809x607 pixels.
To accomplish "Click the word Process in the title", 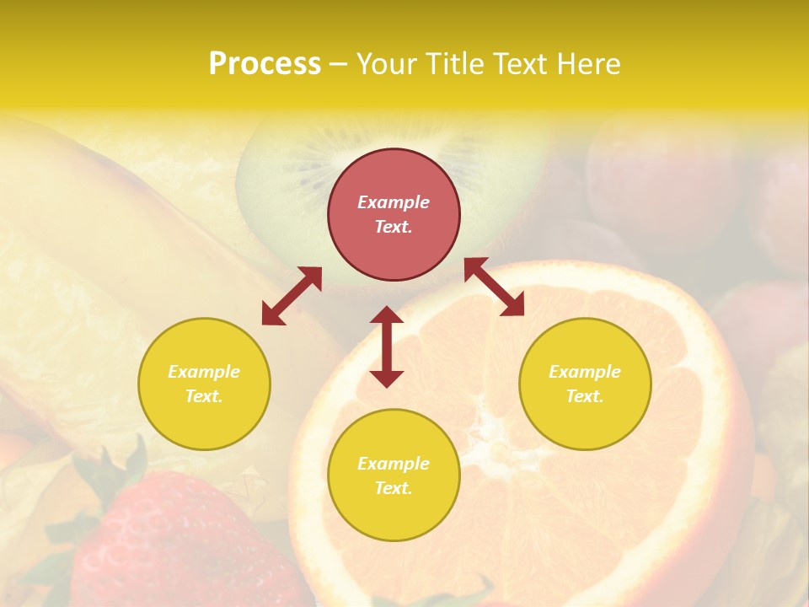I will click(265, 64).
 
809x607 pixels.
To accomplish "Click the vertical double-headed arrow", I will click(387, 346).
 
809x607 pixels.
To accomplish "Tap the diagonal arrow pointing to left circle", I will click(292, 296).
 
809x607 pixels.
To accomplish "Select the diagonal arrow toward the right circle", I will click(494, 287).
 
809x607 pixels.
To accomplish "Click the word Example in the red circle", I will click(394, 202).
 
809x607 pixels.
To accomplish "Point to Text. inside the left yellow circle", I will click(204, 396).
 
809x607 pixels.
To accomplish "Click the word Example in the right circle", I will click(584, 372).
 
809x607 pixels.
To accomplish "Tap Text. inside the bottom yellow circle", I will click(394, 488).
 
